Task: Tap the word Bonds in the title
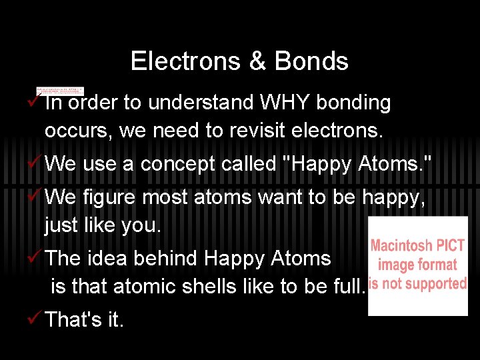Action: click(x=311, y=61)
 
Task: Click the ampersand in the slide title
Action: click(x=257, y=61)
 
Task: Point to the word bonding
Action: click(x=353, y=103)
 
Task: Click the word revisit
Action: click(x=258, y=131)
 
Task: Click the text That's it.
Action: click(x=84, y=320)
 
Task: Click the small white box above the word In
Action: click(x=60, y=91)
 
